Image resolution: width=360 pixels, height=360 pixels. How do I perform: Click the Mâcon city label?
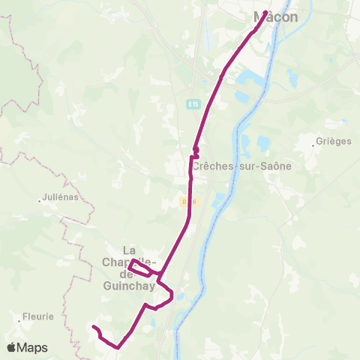(x=275, y=16)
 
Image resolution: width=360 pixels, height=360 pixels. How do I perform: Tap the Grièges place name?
(x=334, y=142)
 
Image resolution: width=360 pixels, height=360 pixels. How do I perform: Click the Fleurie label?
(x=38, y=316)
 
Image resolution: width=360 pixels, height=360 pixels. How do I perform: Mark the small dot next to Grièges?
(x=315, y=142)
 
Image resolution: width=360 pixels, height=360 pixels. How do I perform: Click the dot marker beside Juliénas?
(x=40, y=200)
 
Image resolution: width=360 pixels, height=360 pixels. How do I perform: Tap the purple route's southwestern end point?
(x=93, y=327)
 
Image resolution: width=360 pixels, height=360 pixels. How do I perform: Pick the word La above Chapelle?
(x=129, y=250)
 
